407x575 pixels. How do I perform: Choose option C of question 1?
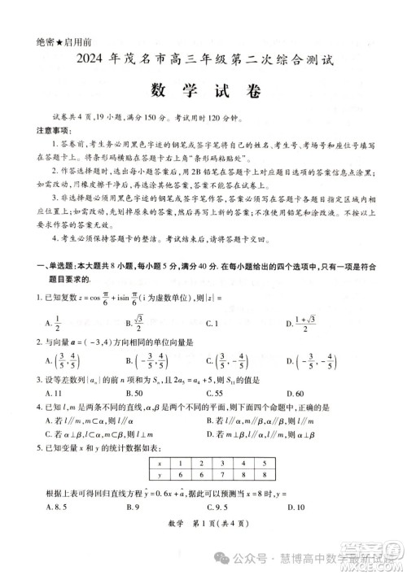coord(211,323)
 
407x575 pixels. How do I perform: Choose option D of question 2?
coord(304,359)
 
